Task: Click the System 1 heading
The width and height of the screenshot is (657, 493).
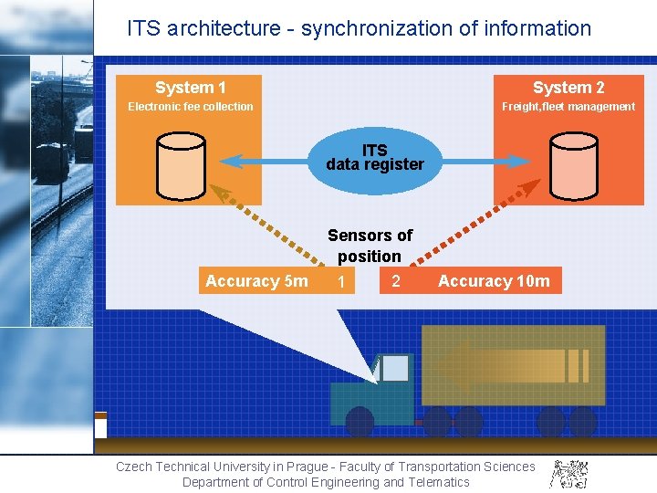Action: [190, 88]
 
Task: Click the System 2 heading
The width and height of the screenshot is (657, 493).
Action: [568, 88]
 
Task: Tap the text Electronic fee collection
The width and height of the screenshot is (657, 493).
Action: [191, 107]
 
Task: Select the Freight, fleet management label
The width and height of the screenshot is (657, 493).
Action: [568, 107]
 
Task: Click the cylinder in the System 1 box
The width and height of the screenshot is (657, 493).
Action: [182, 165]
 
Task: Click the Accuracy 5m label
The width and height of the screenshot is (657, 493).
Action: [256, 281]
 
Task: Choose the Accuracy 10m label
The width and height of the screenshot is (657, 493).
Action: [494, 281]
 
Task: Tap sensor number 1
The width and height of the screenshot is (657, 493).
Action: [340, 283]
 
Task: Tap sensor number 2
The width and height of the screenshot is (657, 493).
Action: [395, 281]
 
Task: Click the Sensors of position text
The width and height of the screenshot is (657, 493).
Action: [370, 246]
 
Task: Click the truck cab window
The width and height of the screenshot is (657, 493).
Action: [394, 368]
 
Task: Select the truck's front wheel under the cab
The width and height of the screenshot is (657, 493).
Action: [360, 422]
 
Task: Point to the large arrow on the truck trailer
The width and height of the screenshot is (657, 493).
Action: [511, 365]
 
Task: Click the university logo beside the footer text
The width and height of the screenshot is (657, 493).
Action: [568, 473]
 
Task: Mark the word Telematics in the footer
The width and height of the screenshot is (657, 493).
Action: [439, 482]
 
